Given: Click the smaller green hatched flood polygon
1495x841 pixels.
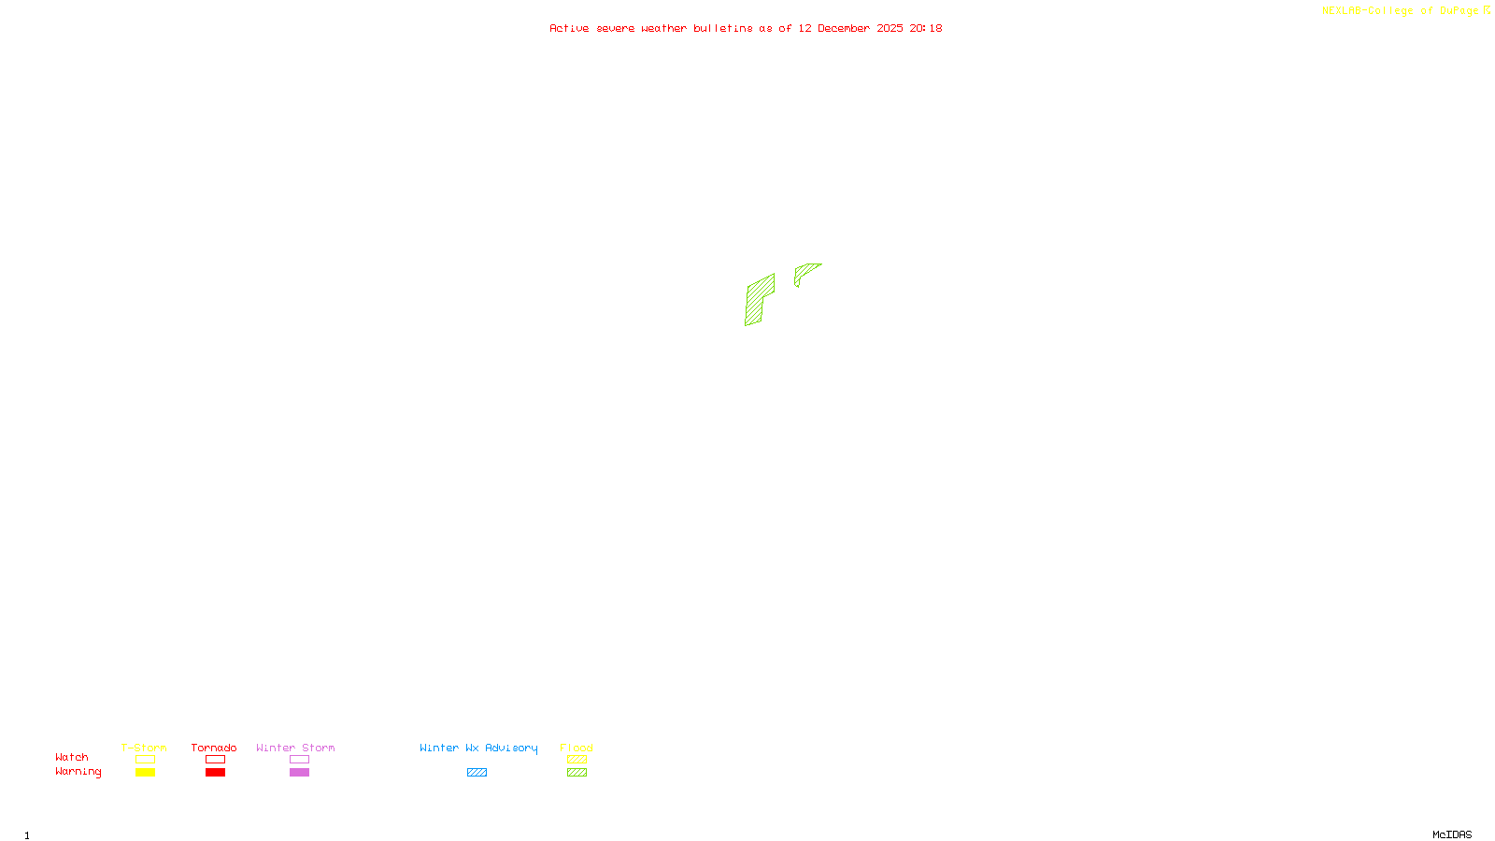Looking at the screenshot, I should (x=804, y=272).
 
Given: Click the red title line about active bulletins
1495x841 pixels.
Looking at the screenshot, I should (x=746, y=29).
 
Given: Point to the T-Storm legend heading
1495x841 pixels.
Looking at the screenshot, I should (x=144, y=748).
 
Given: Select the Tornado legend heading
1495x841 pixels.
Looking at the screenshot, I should (x=214, y=748).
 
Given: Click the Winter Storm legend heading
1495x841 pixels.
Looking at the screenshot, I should (x=295, y=748).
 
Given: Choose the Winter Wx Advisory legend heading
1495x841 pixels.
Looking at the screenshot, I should (x=478, y=748).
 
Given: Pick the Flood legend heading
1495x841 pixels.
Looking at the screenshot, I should (x=577, y=748).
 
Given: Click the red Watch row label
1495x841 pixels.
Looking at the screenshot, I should (x=72, y=758).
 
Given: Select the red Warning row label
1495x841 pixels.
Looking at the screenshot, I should (x=78, y=772).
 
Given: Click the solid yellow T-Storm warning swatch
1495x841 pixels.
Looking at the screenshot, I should (x=145, y=773).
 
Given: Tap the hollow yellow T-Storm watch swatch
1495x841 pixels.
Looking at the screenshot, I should (x=145, y=760).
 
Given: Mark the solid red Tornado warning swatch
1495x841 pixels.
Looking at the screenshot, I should (x=216, y=773).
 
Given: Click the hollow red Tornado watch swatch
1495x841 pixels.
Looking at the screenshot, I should (x=216, y=760).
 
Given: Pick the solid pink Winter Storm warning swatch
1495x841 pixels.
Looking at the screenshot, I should (x=299, y=773).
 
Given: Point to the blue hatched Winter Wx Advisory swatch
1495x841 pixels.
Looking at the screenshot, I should (x=477, y=773).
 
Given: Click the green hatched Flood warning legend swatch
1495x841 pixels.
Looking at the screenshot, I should (x=577, y=773).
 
